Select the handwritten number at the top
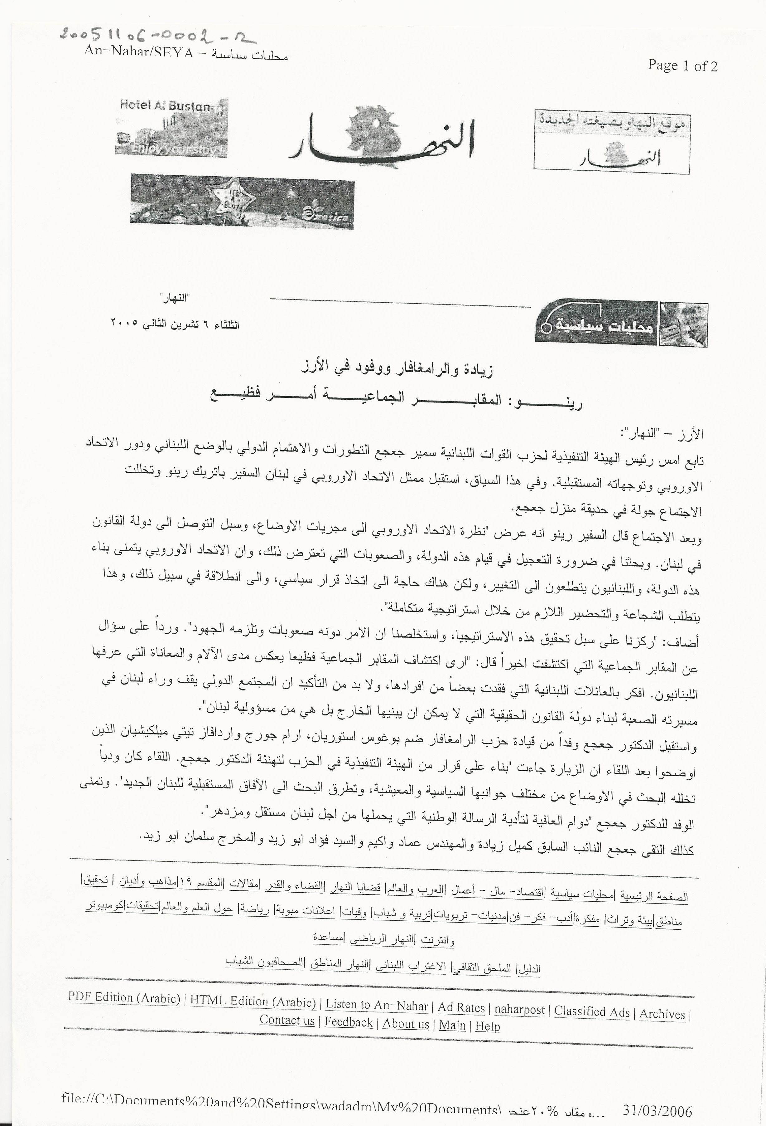pyautogui.click(x=157, y=35)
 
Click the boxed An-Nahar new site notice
pyautogui.click(x=612, y=141)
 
